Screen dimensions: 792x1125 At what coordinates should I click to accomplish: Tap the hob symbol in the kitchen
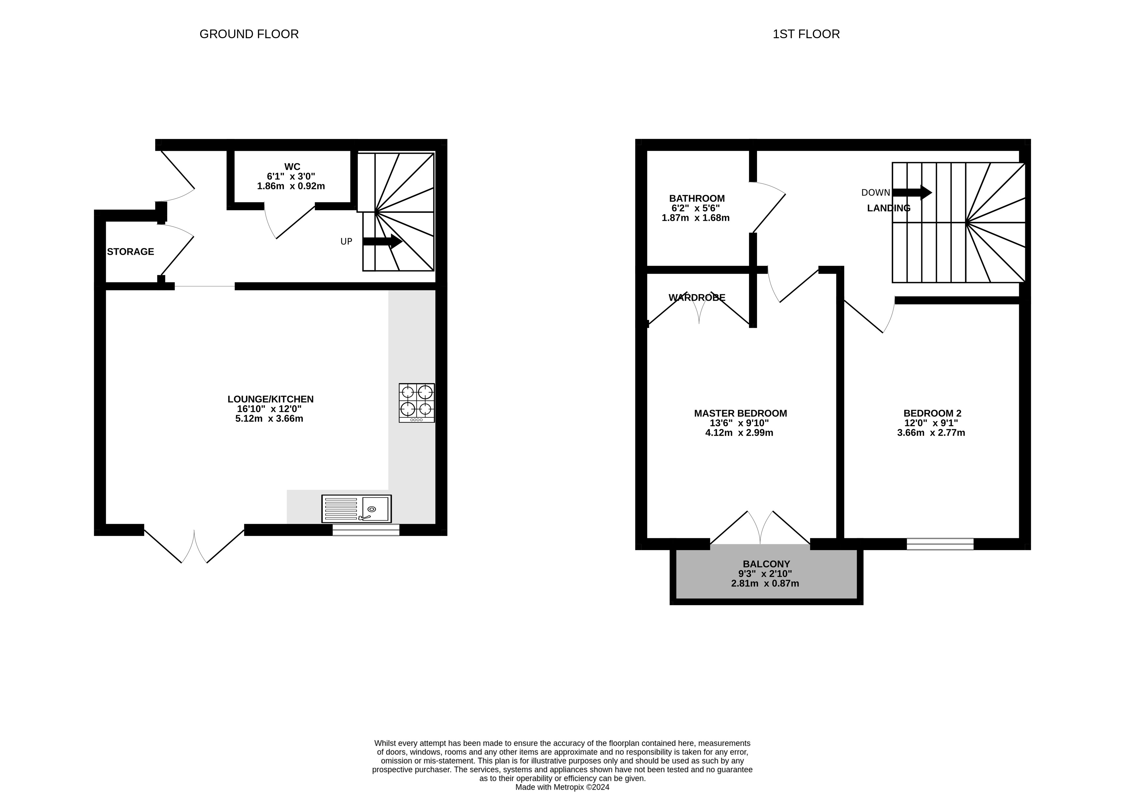416,403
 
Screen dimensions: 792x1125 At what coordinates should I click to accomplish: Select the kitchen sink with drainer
356,509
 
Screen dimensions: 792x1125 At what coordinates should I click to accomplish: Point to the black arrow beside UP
382,241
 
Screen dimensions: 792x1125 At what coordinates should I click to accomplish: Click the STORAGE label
130,251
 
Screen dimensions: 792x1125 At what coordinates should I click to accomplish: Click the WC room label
292,167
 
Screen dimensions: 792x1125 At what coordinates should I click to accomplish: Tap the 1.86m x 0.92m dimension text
291,186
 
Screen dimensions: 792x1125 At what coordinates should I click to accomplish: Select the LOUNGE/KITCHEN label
270,399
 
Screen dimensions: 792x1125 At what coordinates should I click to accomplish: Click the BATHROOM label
697,199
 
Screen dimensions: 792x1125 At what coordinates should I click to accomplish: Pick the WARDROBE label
697,297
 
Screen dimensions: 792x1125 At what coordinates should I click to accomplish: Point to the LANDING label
888,208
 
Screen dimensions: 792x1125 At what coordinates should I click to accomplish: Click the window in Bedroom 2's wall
940,544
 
